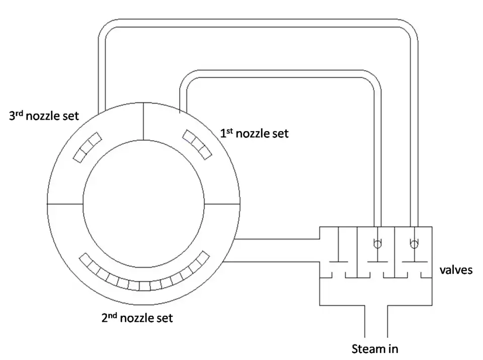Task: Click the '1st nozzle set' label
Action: (255, 134)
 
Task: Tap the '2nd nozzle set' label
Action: (137, 318)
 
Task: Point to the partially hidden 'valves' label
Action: (456, 271)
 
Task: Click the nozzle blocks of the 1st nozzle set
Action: (196, 144)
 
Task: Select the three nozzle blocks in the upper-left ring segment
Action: (87, 147)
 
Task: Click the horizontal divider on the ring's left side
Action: (65, 205)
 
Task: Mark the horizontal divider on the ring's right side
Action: (223, 205)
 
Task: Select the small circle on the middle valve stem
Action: (376, 244)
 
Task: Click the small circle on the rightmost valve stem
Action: (414, 244)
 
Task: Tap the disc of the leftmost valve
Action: (338, 261)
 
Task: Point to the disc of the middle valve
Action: (376, 261)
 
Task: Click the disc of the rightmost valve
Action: (414, 261)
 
